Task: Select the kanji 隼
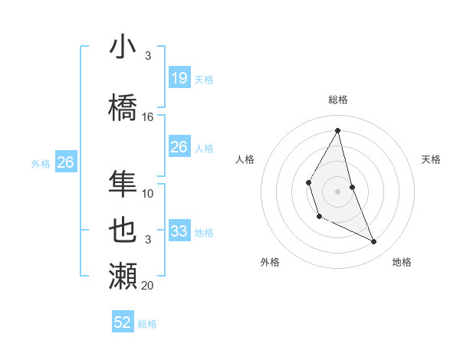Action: click(123, 183)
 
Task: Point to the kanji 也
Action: click(123, 229)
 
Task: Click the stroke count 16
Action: click(148, 117)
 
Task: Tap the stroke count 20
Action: click(148, 286)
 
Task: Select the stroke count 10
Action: click(148, 194)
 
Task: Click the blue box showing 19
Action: click(179, 78)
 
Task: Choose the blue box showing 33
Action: click(179, 231)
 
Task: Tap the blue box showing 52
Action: click(123, 322)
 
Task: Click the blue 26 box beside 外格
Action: click(65, 162)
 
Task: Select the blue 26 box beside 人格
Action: click(179, 147)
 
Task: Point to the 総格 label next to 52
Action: click(147, 324)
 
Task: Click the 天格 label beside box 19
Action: click(204, 80)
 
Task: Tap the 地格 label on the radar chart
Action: click(402, 262)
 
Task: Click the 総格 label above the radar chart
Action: click(338, 100)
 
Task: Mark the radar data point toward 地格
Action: click(374, 242)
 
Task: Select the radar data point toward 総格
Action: click(337, 130)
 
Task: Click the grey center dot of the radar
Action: click(337, 191)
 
